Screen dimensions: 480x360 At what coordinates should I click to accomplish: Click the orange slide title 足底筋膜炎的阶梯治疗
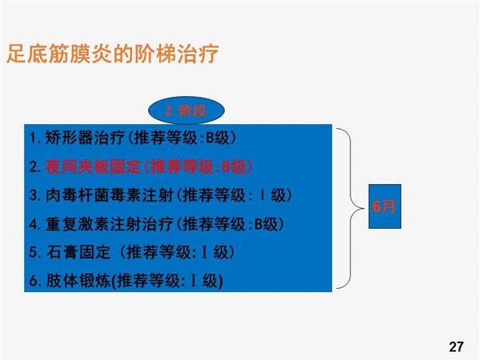click(x=112, y=54)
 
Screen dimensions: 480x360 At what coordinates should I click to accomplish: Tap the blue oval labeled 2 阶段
click(x=186, y=110)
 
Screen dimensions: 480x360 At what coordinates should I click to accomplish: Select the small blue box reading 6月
click(x=385, y=206)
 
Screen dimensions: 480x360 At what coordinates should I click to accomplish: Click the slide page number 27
click(x=456, y=347)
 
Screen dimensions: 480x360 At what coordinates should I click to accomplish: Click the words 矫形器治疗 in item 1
click(x=85, y=138)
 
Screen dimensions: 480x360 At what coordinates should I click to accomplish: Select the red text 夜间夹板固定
click(x=93, y=167)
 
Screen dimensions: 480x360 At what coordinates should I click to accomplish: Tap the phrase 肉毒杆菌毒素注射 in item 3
click(x=110, y=195)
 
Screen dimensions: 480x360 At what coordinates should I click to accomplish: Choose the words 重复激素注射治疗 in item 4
click(x=110, y=224)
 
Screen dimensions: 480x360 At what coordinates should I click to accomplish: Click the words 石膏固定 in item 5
click(x=78, y=253)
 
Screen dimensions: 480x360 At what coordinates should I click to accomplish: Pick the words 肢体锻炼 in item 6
click(x=78, y=281)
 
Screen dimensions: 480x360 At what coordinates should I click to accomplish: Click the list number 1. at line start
click(x=35, y=138)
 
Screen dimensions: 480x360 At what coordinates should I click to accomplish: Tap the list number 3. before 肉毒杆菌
click(x=35, y=196)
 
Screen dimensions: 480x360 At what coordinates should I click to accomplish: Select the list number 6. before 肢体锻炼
click(x=35, y=282)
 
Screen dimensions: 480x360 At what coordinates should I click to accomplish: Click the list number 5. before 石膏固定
click(x=35, y=253)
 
